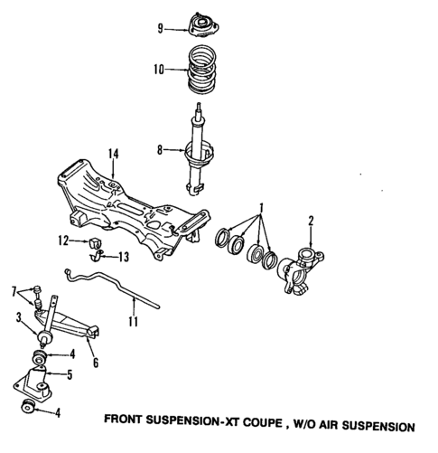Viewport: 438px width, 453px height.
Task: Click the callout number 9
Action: (161, 29)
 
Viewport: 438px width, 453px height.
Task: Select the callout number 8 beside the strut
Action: (161, 151)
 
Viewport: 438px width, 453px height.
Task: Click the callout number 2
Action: (311, 220)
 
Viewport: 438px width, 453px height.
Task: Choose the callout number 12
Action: (64, 240)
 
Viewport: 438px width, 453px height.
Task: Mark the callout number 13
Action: (125, 258)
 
